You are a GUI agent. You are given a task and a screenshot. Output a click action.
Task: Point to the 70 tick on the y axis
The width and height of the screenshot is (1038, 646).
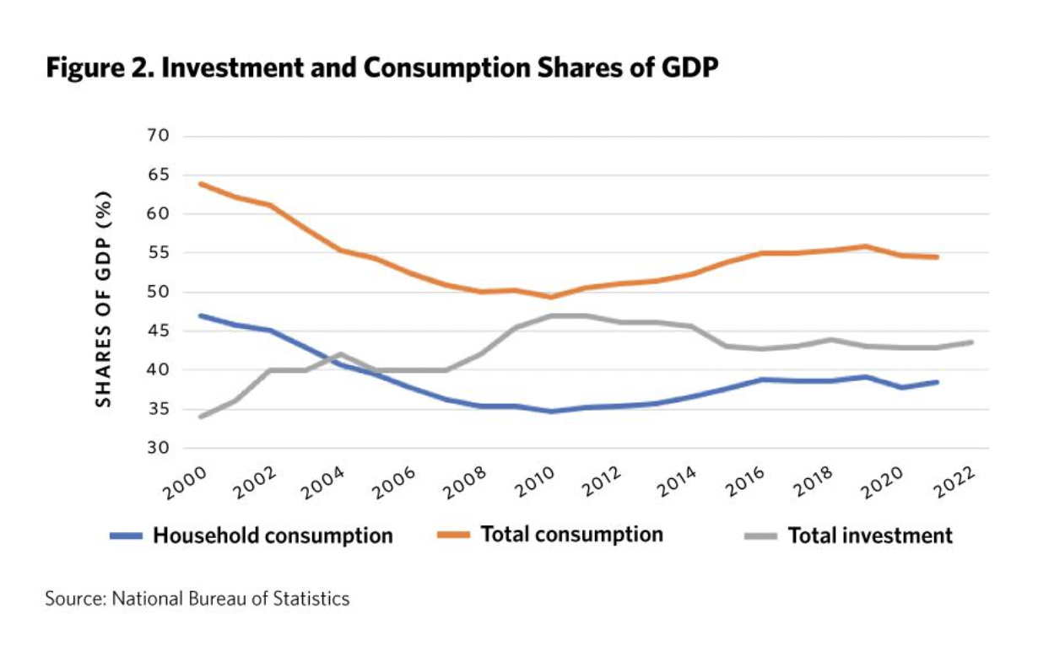pos(158,136)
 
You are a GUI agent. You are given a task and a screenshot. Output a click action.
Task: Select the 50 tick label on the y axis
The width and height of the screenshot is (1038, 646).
pos(158,292)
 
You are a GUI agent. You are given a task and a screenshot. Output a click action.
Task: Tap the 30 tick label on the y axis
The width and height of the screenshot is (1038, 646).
pos(158,448)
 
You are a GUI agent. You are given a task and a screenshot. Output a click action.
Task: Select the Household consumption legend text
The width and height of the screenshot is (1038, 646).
pos(273,536)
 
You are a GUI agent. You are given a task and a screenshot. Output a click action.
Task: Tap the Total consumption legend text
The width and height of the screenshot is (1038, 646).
pos(571,535)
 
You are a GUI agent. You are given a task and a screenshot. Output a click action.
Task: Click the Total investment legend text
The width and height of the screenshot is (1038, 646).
pos(870,536)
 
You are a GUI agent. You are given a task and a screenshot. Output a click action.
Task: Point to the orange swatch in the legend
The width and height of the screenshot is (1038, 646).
pos(451,536)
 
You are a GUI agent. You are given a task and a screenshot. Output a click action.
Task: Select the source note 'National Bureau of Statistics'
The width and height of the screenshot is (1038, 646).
pos(197,600)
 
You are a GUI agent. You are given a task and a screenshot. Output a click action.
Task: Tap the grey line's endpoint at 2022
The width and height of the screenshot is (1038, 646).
pos(972,342)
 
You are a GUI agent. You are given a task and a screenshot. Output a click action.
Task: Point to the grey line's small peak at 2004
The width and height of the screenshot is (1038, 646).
pos(341,354)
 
